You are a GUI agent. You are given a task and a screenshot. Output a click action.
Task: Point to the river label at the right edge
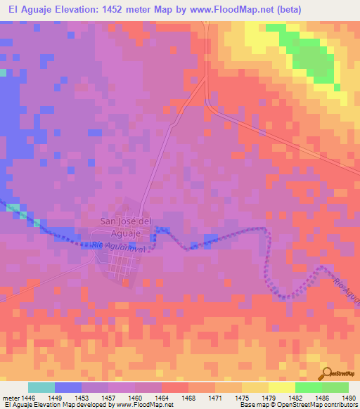(347, 292)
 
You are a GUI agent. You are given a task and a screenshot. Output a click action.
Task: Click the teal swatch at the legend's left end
(41, 387)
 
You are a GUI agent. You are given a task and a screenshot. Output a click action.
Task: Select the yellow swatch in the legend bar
(281, 387)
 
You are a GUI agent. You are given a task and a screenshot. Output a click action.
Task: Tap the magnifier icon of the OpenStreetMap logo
(326, 372)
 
